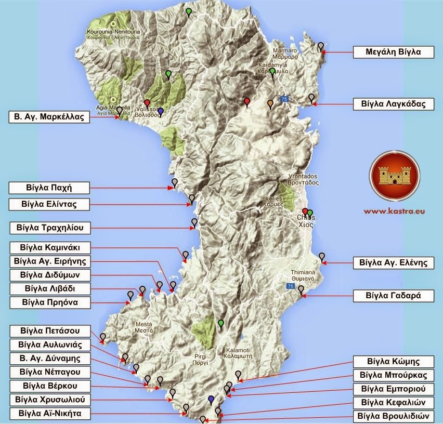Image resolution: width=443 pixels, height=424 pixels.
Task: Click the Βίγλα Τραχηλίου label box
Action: pyautogui.click(x=50, y=228)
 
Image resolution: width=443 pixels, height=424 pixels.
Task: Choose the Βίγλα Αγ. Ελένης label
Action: pyautogui.click(x=393, y=262)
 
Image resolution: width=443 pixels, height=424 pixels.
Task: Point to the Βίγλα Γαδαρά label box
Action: pyautogui.click(x=393, y=296)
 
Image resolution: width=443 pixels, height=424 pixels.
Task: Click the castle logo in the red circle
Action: pyautogui.click(x=394, y=176)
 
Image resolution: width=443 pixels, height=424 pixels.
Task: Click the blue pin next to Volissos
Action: pyautogui.click(x=161, y=111)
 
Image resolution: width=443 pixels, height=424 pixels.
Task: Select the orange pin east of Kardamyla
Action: pyautogui.click(x=270, y=103)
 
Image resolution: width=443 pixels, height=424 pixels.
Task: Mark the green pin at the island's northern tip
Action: pyautogui.click(x=188, y=10)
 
